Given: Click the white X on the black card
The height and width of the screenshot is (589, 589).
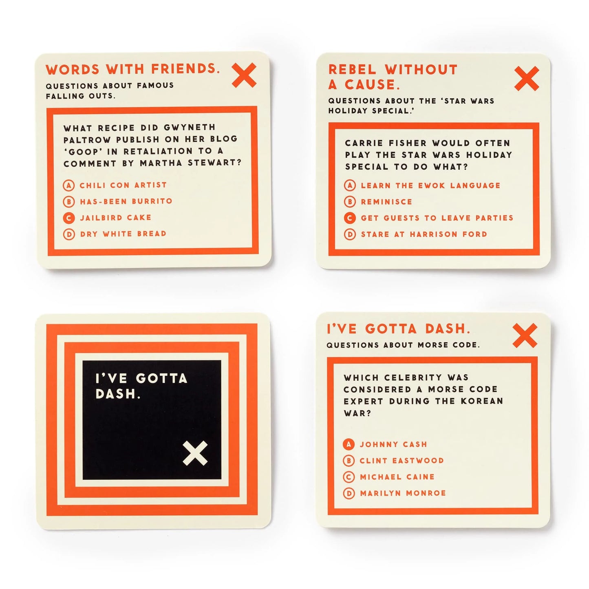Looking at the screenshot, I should (x=195, y=453).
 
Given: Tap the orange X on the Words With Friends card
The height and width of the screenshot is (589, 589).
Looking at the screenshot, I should (x=244, y=75).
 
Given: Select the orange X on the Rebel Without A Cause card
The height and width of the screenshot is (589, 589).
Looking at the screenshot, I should (x=526, y=78).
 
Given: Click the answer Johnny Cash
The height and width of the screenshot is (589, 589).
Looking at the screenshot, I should (x=393, y=444).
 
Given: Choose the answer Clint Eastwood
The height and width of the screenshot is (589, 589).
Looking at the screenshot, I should (x=401, y=461).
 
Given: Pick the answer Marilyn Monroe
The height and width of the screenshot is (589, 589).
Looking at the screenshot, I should (x=402, y=493).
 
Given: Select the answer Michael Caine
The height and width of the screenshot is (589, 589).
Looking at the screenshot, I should (x=397, y=477).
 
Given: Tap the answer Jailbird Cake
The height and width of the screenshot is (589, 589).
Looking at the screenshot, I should (x=115, y=218).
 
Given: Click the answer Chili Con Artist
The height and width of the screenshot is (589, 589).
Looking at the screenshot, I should (x=123, y=185).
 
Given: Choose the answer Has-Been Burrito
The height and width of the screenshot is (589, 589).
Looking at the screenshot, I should (x=126, y=201).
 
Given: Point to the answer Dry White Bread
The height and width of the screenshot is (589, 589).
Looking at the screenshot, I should (x=123, y=234).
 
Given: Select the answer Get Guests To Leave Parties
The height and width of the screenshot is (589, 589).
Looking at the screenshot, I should (x=437, y=218).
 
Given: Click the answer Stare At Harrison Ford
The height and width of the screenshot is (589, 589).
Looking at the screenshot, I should (x=424, y=234).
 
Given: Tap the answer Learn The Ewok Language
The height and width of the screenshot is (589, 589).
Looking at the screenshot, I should (x=430, y=185).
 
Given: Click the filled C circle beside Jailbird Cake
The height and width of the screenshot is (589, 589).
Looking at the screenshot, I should (x=69, y=218).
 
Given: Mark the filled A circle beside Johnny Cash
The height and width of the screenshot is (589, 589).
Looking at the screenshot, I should (x=349, y=444).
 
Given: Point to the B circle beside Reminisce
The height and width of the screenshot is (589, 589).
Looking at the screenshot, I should (x=350, y=202).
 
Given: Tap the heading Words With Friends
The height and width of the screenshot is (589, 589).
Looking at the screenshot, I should (x=132, y=69).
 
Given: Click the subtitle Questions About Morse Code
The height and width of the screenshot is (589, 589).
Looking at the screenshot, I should (x=403, y=345).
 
